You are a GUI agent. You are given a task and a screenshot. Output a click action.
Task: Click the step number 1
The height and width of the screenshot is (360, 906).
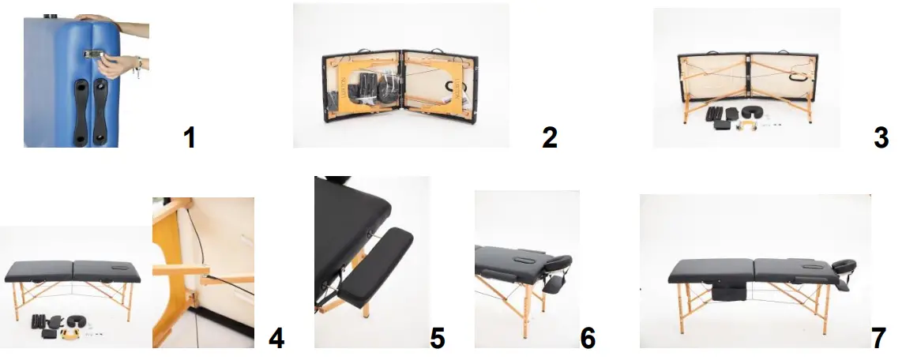[x=189, y=137]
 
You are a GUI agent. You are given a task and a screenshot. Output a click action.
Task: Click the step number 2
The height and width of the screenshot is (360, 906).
[x=550, y=137]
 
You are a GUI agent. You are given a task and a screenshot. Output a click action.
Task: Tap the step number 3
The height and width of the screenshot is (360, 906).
[x=882, y=137]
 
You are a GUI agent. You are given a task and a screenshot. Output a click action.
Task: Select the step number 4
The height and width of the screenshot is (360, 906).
[x=276, y=338]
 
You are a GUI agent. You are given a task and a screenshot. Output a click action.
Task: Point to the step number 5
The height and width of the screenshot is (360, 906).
[x=437, y=338]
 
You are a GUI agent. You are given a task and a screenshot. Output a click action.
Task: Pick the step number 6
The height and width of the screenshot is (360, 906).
[x=587, y=338]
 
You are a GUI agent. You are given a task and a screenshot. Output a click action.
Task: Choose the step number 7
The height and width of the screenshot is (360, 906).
[x=878, y=338]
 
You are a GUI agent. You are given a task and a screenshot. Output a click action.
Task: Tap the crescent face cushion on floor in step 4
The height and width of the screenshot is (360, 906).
[x=79, y=321]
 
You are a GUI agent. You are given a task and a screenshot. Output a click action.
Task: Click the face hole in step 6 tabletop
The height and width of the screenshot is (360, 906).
[x=525, y=255]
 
